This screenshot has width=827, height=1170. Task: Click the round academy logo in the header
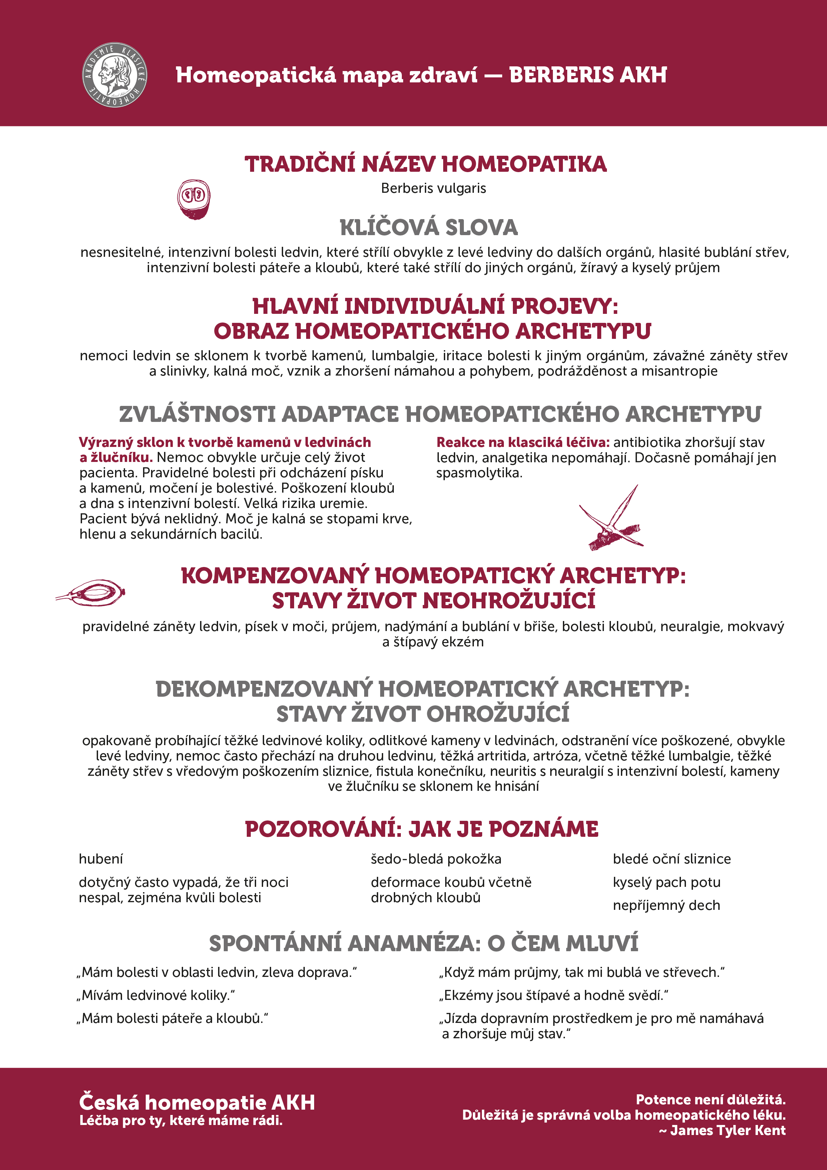tap(115, 75)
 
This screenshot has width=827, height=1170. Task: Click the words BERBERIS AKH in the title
tap(588, 75)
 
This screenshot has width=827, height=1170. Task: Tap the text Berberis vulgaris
tap(433, 188)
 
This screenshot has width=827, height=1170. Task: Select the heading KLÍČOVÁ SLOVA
tap(429, 227)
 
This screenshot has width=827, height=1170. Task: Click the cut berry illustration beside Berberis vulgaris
tap(194, 199)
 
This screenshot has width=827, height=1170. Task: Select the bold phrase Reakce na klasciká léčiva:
tap(523, 442)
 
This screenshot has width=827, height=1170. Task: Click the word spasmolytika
tap(479, 473)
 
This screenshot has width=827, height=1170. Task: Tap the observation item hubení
tap(101, 859)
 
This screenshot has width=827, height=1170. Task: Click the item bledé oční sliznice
tap(672, 859)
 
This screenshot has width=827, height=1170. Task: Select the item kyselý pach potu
tap(667, 882)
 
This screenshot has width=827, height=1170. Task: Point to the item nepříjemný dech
tap(667, 905)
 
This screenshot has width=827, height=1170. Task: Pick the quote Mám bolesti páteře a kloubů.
tap(172, 1018)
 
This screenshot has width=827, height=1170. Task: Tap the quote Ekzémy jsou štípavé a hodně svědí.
tap(553, 995)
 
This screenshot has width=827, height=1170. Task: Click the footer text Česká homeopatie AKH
tap(197, 1102)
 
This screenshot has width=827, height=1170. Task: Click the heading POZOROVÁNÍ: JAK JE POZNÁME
tap(422, 829)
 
